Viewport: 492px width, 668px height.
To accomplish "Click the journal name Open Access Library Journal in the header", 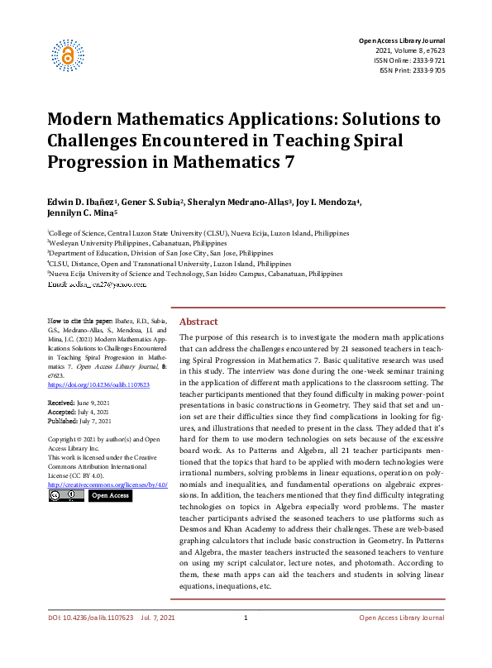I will coord(401,41).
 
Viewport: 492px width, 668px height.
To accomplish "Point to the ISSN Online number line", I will coord(408,60).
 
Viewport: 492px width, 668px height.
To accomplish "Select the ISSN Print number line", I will coord(412,70).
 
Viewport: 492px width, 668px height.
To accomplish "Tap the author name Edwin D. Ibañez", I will coord(80,203).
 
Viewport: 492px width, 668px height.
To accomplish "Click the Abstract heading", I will coord(199,322).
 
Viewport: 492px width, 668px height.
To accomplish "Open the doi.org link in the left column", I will coord(98,384).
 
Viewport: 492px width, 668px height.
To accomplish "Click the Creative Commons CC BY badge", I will coord(66,495).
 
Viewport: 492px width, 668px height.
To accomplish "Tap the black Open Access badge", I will coord(109,495).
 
